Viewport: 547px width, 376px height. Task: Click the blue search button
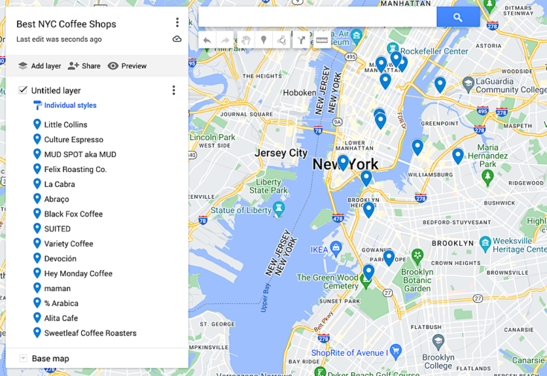tap(458, 17)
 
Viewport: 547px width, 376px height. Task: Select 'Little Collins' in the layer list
tap(65, 124)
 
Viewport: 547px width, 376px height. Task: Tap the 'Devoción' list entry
tap(60, 258)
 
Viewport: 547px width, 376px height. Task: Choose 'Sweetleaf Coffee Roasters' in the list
tap(90, 333)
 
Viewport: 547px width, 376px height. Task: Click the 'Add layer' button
tap(39, 66)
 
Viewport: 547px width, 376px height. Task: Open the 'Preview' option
tap(127, 66)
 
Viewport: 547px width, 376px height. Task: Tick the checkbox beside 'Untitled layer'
tap(23, 90)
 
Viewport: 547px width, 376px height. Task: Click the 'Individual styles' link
tap(70, 106)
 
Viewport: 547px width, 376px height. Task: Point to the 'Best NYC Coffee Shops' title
tap(66, 24)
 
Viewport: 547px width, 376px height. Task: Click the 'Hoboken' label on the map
tap(299, 92)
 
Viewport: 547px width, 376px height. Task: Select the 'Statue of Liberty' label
tap(241, 210)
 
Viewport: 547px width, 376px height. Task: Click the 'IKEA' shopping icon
tap(336, 248)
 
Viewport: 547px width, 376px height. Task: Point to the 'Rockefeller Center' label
tap(435, 51)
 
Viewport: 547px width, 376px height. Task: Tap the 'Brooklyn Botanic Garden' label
tap(418, 280)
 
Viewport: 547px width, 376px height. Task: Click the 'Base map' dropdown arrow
tap(23, 358)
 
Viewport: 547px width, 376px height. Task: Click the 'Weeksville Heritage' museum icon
tap(485, 243)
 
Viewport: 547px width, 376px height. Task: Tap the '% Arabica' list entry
tap(61, 303)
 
